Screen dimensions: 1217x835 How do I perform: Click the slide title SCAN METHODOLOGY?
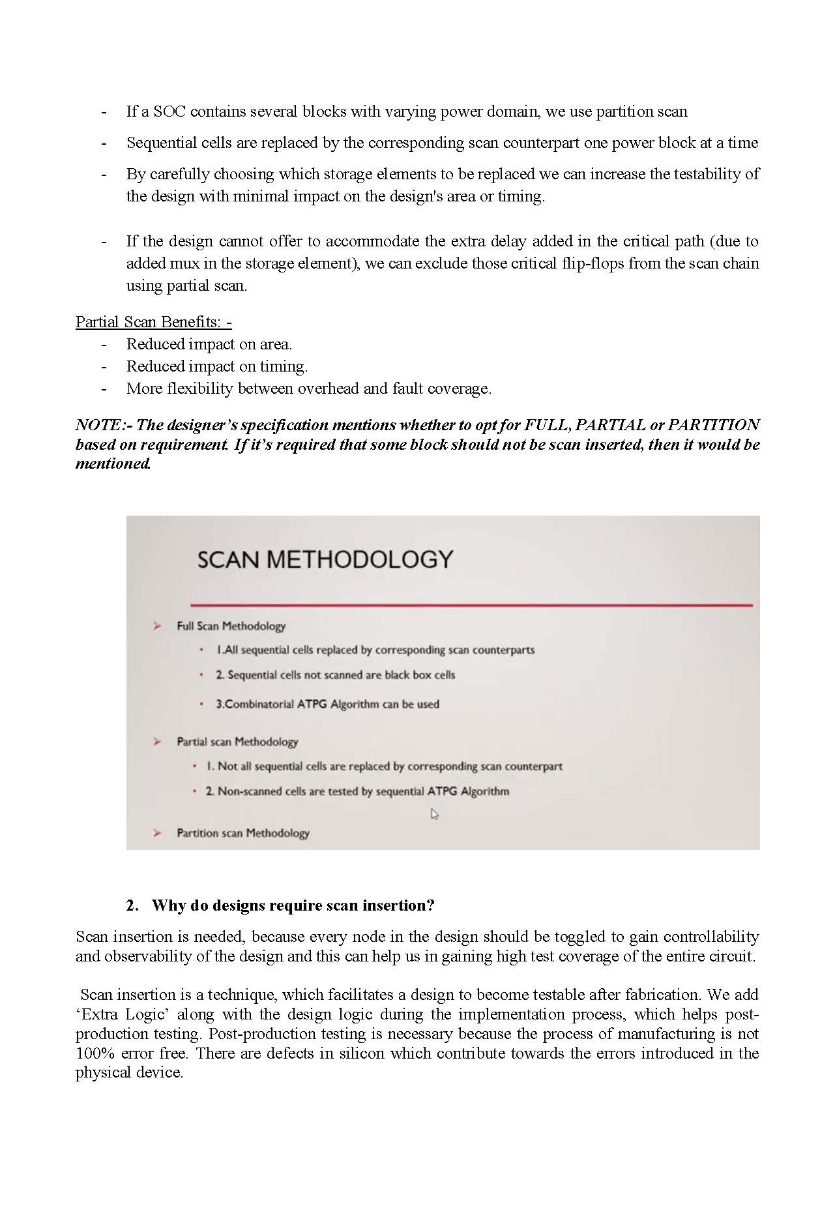tap(325, 560)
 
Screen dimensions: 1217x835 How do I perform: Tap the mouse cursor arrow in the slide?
tap(435, 814)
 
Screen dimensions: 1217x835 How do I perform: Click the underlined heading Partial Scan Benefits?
tap(153, 322)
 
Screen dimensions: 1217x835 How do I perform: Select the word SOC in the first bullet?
tap(169, 111)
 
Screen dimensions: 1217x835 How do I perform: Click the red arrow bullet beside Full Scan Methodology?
tap(157, 626)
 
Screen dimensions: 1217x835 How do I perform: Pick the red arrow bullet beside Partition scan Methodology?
tap(157, 833)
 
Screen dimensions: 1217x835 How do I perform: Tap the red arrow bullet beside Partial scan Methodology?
tap(157, 742)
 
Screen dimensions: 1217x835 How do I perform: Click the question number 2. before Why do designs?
tap(132, 905)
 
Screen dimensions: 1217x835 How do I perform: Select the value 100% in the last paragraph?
tap(95, 1053)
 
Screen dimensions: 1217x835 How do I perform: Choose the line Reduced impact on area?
tap(209, 344)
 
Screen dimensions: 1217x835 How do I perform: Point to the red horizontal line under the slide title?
tap(471, 605)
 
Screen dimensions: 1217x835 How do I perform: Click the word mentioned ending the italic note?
tap(113, 463)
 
